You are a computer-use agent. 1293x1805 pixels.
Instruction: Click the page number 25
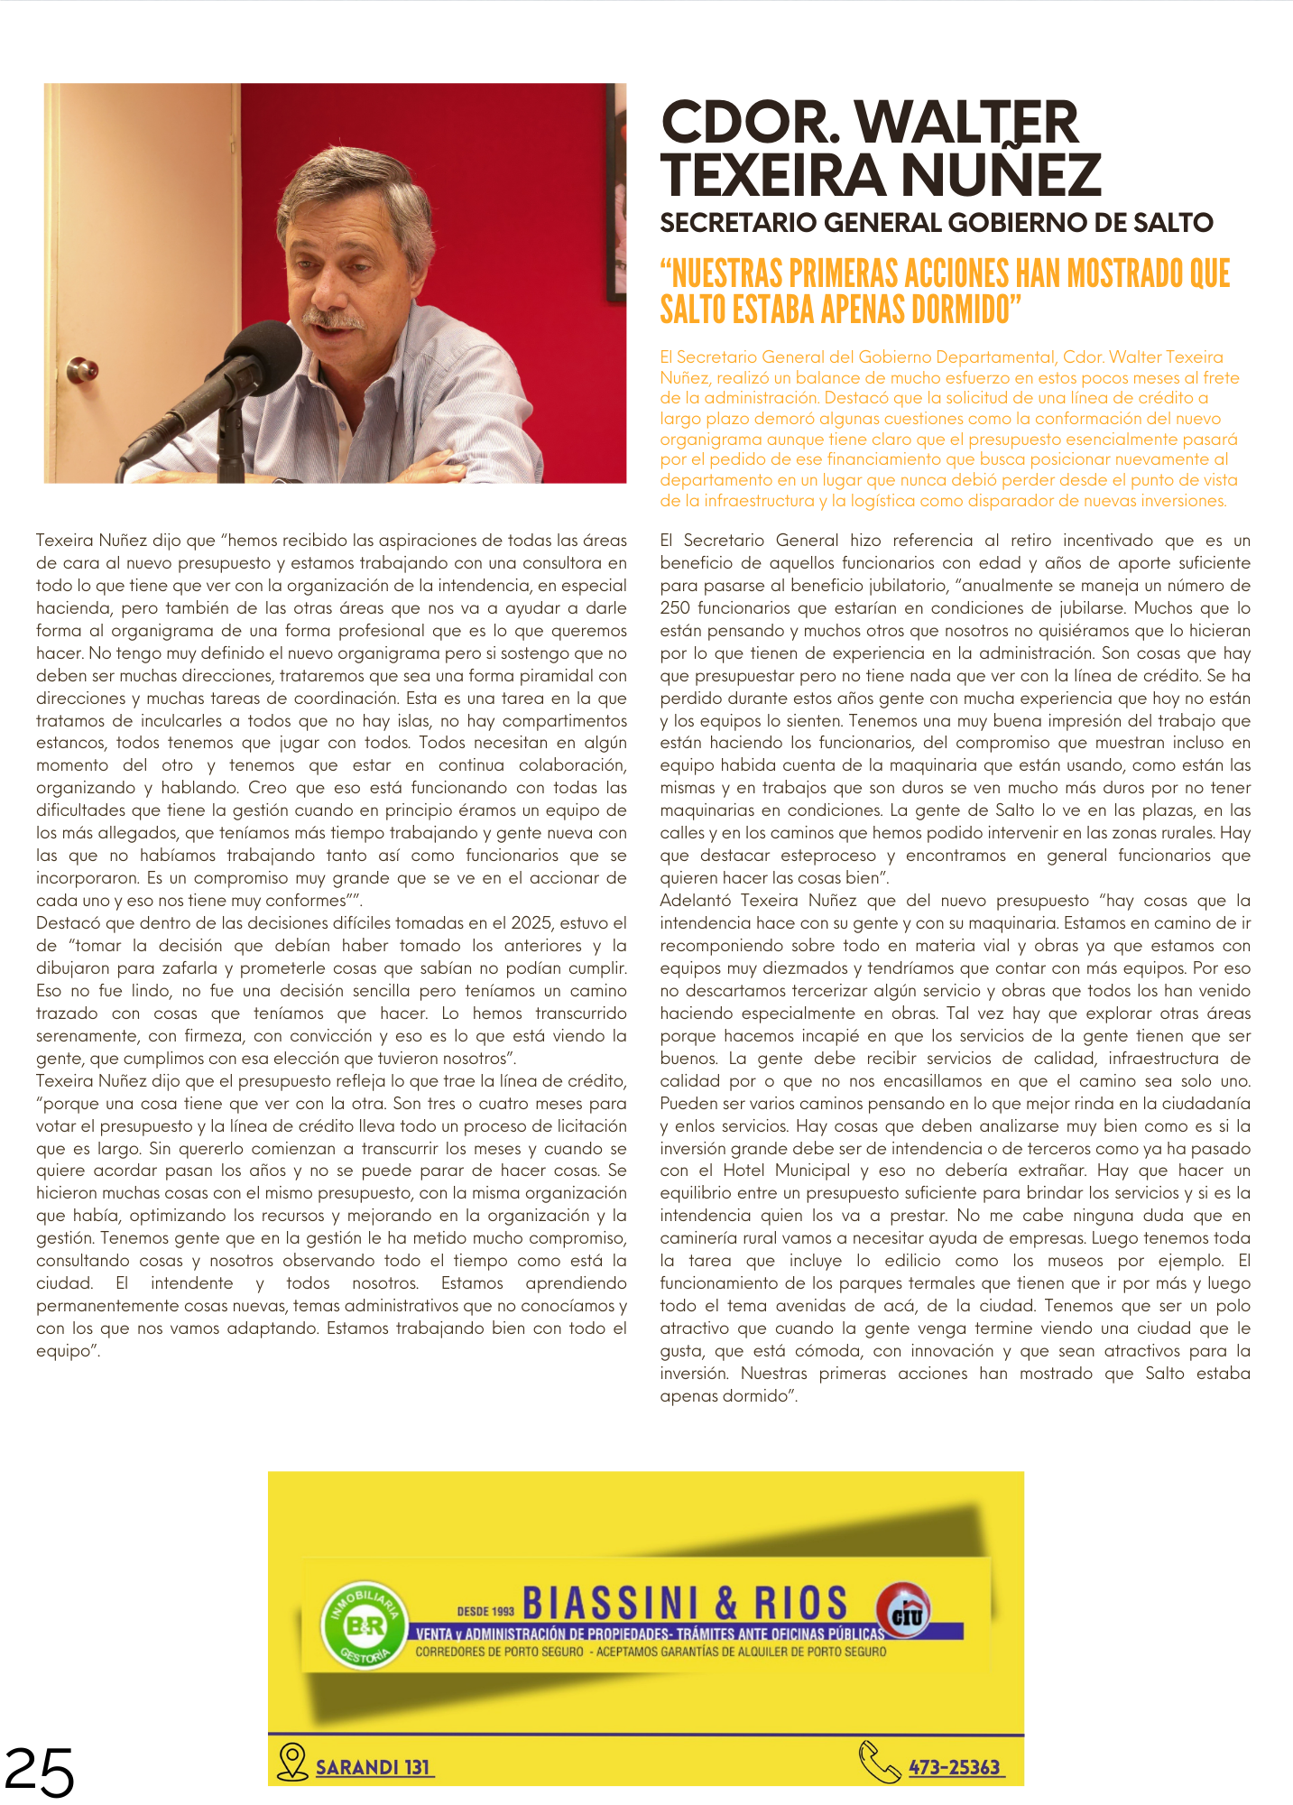pyautogui.click(x=39, y=1772)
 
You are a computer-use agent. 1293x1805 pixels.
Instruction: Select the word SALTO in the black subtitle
pyautogui.click(x=1162, y=223)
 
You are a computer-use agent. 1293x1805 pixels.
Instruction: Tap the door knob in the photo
pyautogui.click(x=84, y=368)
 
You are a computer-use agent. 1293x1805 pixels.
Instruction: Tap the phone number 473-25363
pyautogui.click(x=955, y=1767)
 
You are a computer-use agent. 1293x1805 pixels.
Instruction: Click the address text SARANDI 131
pyautogui.click(x=373, y=1767)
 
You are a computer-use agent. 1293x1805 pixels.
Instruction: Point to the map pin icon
pyautogui.click(x=291, y=1761)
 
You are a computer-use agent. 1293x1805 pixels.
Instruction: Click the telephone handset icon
pyautogui.click(x=879, y=1762)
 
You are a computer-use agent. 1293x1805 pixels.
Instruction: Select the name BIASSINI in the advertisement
pyautogui.click(x=610, y=1603)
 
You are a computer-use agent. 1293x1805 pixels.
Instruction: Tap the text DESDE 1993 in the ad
pyautogui.click(x=485, y=1611)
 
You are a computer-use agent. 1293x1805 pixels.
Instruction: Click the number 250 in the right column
pyautogui.click(x=675, y=608)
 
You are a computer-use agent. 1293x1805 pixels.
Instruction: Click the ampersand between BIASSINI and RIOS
pyautogui.click(x=725, y=1603)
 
